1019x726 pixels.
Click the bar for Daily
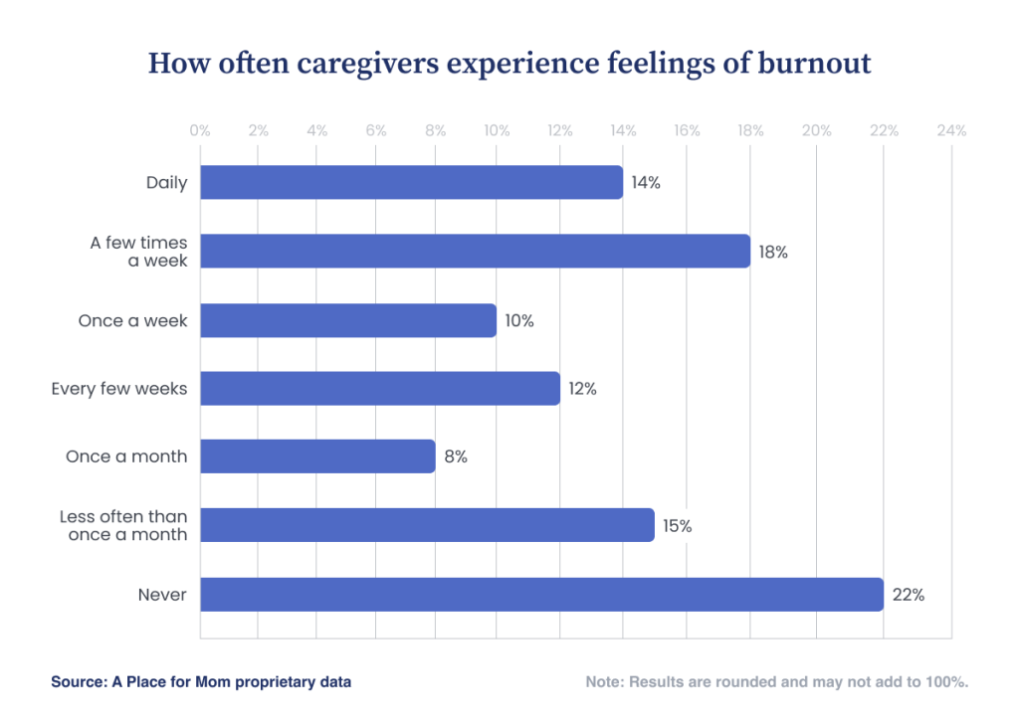(411, 182)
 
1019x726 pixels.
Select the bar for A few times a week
(475, 251)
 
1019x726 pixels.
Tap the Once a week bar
(348, 320)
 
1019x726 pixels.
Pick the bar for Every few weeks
(379, 388)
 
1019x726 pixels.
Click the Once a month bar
(317, 456)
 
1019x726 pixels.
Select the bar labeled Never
(541, 595)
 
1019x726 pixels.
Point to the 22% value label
(909, 595)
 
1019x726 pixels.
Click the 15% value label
(677, 526)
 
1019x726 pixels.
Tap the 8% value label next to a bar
(456, 457)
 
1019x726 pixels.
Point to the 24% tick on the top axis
(950, 130)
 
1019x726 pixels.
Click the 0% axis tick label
(200, 130)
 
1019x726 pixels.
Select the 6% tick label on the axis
(376, 130)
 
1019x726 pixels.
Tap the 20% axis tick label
(816, 130)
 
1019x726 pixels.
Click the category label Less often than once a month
(123, 525)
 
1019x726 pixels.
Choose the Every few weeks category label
(119, 388)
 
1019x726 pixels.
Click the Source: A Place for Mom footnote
(201, 682)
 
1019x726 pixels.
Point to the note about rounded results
(777, 682)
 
